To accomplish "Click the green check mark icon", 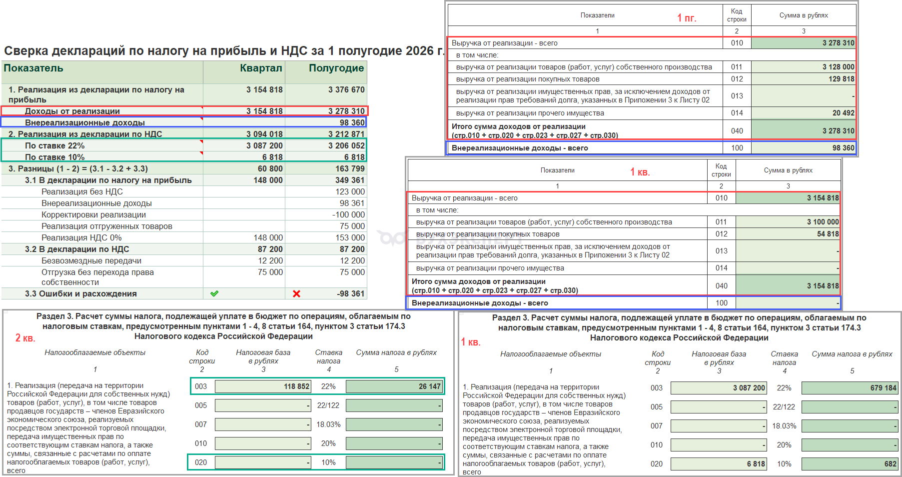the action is pos(214,293).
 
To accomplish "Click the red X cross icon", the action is pos(296,293).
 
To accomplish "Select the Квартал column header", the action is pos(261,68).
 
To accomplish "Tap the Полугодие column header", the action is pos(336,68).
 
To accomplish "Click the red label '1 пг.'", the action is pos(686,18).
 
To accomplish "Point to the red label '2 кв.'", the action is pos(25,338).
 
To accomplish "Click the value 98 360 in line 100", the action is pos(843,148).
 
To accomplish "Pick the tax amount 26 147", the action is pos(430,386).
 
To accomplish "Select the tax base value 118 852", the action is pos(297,386).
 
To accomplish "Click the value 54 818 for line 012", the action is pos(828,234).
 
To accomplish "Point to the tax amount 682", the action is pos(890,464).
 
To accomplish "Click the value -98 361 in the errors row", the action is pos(351,293).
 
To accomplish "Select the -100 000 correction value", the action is pos(348,214).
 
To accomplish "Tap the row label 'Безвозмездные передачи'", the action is pos(91,260).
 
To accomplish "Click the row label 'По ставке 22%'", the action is pos(55,145).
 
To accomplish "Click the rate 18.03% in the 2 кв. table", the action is pos(328,424).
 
